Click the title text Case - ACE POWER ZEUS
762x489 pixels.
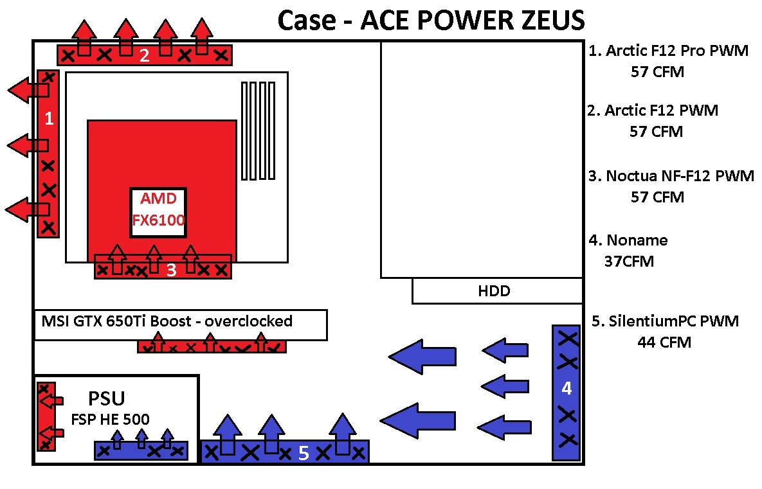431,20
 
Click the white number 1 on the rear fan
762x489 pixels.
47,119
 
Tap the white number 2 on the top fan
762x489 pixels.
145,55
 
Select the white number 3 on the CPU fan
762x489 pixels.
171,271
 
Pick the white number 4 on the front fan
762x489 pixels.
567,388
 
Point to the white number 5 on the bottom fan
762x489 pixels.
304,453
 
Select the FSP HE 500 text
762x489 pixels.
110,420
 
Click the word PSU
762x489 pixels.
106,400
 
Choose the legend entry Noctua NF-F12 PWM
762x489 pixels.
671,176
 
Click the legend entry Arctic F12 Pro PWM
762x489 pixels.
669,51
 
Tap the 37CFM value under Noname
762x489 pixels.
629,262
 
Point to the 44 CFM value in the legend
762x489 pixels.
664,342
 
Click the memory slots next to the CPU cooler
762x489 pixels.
258,130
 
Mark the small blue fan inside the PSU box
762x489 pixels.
141,450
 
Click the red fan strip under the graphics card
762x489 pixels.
212,347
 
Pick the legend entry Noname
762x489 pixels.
628,240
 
